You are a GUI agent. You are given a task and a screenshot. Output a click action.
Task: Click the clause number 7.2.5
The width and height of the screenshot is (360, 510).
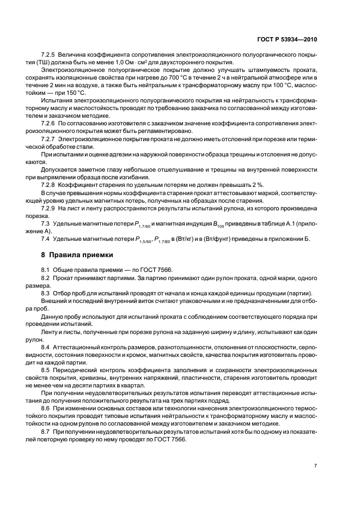click(50, 56)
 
